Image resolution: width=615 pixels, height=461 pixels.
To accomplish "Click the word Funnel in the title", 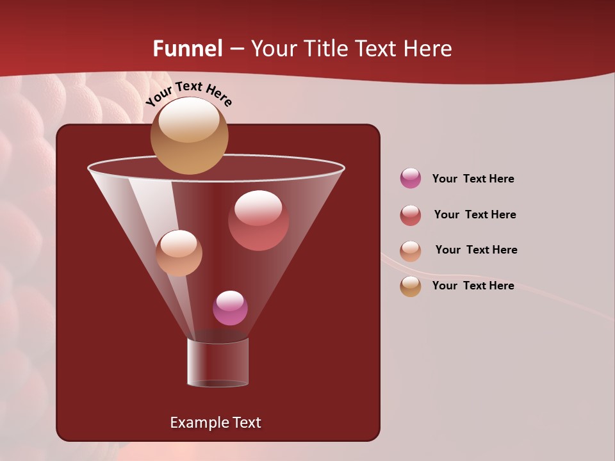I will coord(188,49).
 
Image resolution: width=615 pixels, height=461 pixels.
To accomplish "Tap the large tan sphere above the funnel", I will coord(189,136).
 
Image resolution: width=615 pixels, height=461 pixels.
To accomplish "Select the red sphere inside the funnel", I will coord(258,220).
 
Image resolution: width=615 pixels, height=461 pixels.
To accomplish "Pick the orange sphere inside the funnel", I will coord(179,253).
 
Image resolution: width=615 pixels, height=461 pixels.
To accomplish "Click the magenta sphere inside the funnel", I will coord(230,308).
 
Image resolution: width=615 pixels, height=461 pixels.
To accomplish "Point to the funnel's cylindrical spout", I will coord(218,362).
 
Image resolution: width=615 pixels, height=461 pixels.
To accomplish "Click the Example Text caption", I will coord(215,423).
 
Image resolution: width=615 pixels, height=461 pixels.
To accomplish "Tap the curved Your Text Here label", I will coord(189,93).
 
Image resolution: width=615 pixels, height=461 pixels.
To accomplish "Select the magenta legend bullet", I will coord(411,179).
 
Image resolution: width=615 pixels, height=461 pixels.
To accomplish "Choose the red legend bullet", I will coord(411,215).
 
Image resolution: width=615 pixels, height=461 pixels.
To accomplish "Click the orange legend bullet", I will coord(411,251).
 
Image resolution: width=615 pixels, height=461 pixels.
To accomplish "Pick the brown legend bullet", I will coord(411,286).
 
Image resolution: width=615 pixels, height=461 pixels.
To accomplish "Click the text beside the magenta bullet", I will coord(473,179).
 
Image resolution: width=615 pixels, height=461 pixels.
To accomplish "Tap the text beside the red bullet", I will coord(475,215).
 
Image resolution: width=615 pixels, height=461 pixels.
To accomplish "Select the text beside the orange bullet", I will coord(476,250).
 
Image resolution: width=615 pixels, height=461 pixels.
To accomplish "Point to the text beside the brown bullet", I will coord(473,286).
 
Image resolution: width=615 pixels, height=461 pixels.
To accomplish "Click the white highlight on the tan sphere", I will coord(189,120).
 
